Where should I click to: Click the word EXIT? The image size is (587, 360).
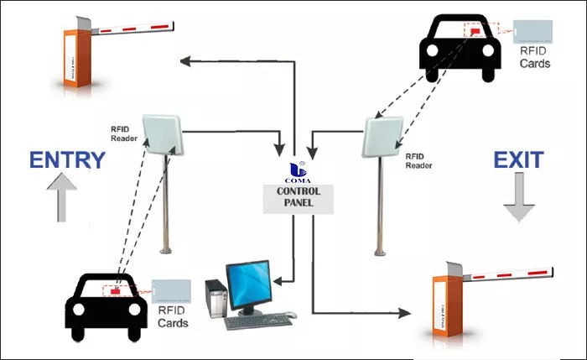pyautogui.click(x=517, y=159)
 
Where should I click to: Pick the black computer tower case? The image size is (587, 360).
pyautogui.click(x=215, y=300)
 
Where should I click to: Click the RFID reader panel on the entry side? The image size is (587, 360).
pyautogui.click(x=164, y=136)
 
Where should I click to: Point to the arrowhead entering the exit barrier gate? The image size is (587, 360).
pyautogui.click(x=405, y=312)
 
